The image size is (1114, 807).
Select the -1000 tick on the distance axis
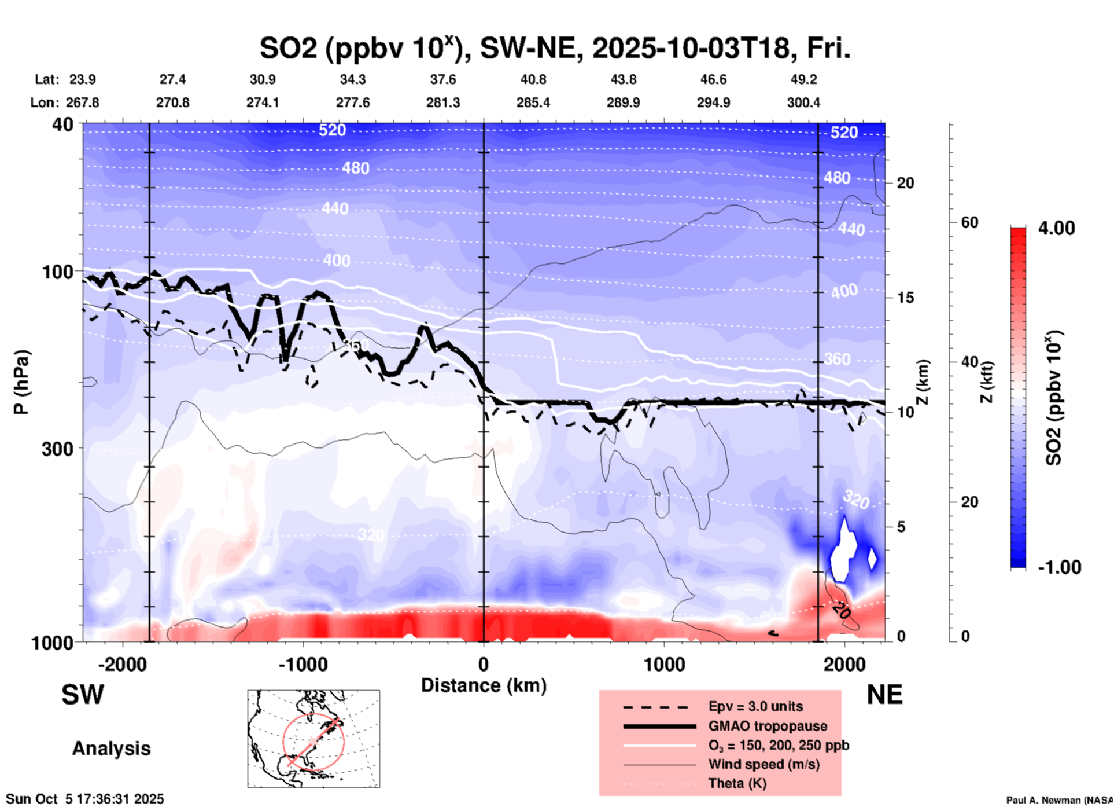pyautogui.click(x=303, y=664)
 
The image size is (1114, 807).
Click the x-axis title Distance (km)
pyautogui.click(x=484, y=685)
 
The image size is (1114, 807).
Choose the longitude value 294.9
pyautogui.click(x=713, y=102)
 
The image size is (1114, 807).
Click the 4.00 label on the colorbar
pyautogui.click(x=1056, y=228)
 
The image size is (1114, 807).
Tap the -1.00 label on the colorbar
pyautogui.click(x=1059, y=567)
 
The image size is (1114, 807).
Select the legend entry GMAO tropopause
pyautogui.click(x=768, y=726)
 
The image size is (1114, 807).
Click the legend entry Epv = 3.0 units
pyautogui.click(x=755, y=706)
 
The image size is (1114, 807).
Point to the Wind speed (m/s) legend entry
pyautogui.click(x=763, y=764)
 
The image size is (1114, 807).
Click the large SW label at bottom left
pyautogui.click(x=83, y=695)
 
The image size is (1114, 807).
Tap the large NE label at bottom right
pyautogui.click(x=884, y=695)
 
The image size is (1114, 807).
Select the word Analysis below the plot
pyautogui.click(x=111, y=749)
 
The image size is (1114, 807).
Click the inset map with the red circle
pyautogui.click(x=313, y=738)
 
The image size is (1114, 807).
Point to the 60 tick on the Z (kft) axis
pyautogui.click(x=969, y=222)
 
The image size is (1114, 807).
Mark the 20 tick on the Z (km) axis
pyautogui.click(x=905, y=183)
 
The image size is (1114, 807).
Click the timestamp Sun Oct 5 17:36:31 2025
pyautogui.click(x=85, y=799)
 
